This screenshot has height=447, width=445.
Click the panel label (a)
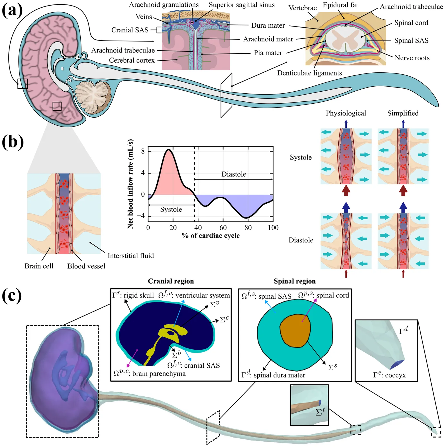pyautogui.click(x=12, y=11)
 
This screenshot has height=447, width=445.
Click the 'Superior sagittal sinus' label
pyautogui.click(x=241, y=5)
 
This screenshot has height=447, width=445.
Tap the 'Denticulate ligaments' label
pyautogui.click(x=309, y=73)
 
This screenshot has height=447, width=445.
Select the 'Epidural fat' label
pyautogui.click(x=340, y=5)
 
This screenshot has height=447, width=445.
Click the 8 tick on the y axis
pyautogui.click(x=143, y=151)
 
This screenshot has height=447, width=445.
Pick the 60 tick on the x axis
pyautogui.click(x=223, y=228)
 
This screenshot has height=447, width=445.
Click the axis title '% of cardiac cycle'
pyautogui.click(x=210, y=236)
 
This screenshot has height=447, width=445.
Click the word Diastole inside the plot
pyautogui.click(x=234, y=174)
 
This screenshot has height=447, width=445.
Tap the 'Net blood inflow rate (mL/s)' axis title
pyautogui.click(x=130, y=184)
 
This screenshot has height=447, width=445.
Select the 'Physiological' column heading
pyautogui.click(x=346, y=113)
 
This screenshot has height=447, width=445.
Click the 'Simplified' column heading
pyautogui.click(x=403, y=113)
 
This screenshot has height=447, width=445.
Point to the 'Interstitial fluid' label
pyautogui.click(x=131, y=256)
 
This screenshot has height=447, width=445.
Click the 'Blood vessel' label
pyautogui.click(x=86, y=266)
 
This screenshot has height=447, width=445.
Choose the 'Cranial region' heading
pyautogui.click(x=171, y=281)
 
